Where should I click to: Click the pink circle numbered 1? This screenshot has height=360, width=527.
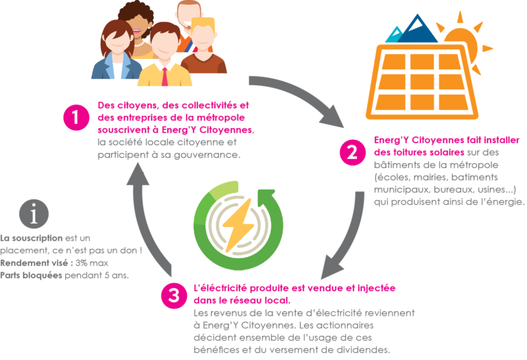pyautogui.click(x=76, y=117)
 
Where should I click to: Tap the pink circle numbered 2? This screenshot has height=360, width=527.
pyautogui.click(x=353, y=152)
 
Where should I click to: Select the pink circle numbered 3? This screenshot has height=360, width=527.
pyautogui.click(x=174, y=296)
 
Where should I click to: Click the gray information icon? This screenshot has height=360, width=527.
pyautogui.click(x=34, y=214)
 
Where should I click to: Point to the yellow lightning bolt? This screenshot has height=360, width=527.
pyautogui.click(x=238, y=225)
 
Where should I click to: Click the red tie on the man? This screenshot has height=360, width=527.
pyautogui.click(x=165, y=77)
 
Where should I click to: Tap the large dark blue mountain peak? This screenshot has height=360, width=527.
pyautogui.click(x=418, y=29)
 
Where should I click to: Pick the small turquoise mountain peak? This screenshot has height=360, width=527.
pyautogui.click(x=394, y=35)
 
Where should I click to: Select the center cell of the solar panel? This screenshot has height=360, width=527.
pyautogui.click(x=422, y=82)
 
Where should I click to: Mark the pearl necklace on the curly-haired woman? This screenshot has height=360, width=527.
pyautogui.click(x=139, y=44)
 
